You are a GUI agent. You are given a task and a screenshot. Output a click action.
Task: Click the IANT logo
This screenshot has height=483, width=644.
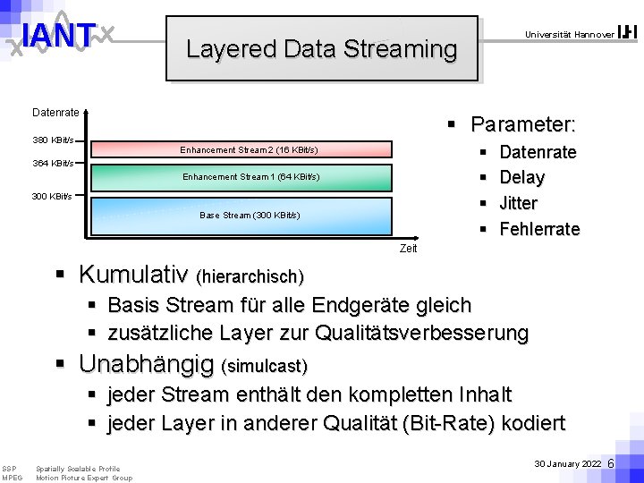pyautogui.click(x=59, y=37)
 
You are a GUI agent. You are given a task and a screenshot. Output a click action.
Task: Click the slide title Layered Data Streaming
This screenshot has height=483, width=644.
pyautogui.click(x=321, y=48)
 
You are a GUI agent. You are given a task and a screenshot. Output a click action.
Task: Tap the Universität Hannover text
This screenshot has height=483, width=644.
pyautogui.click(x=570, y=34)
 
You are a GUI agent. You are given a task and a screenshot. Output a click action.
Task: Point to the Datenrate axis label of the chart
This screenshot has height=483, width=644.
pyautogui.click(x=55, y=113)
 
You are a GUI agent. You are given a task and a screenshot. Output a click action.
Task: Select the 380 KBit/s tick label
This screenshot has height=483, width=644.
pyautogui.click(x=53, y=140)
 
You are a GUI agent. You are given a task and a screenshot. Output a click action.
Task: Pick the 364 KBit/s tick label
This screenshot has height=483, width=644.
pyautogui.click(x=53, y=164)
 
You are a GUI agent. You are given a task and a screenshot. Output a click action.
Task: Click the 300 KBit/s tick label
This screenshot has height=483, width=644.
pyautogui.click(x=53, y=196)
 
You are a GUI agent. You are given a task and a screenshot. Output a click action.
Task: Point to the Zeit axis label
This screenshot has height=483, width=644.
pyautogui.click(x=408, y=248)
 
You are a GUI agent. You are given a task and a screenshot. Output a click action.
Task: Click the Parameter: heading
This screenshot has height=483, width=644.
pyautogui.click(x=523, y=123)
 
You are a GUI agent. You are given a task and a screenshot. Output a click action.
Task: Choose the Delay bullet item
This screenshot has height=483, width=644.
pyautogui.click(x=521, y=177)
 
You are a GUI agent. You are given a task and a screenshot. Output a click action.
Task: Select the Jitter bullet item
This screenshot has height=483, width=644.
pyautogui.click(x=518, y=203)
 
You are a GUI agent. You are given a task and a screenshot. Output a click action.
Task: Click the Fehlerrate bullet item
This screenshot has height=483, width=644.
pyautogui.click(x=538, y=229)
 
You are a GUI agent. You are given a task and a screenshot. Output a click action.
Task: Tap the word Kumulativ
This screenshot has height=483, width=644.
pyautogui.click(x=133, y=273)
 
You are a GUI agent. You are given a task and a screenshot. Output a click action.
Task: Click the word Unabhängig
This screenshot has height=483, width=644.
pyautogui.click(x=147, y=364)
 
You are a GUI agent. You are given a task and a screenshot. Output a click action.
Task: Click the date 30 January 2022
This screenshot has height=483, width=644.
pyautogui.click(x=568, y=464)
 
